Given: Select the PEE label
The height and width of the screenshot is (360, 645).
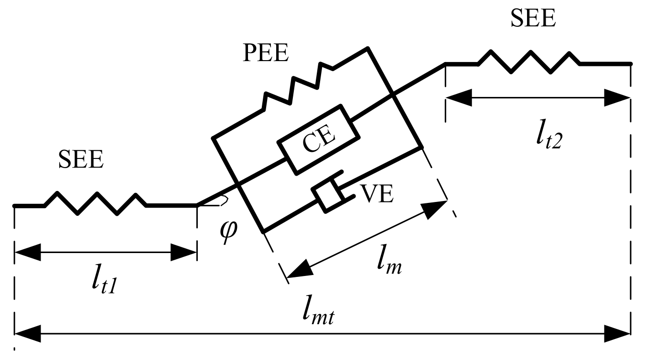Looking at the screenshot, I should pos(266,54).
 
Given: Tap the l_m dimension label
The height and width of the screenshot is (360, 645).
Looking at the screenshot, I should pos(388,265).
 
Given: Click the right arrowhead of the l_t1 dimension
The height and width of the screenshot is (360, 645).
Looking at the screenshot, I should pos(184,253).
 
